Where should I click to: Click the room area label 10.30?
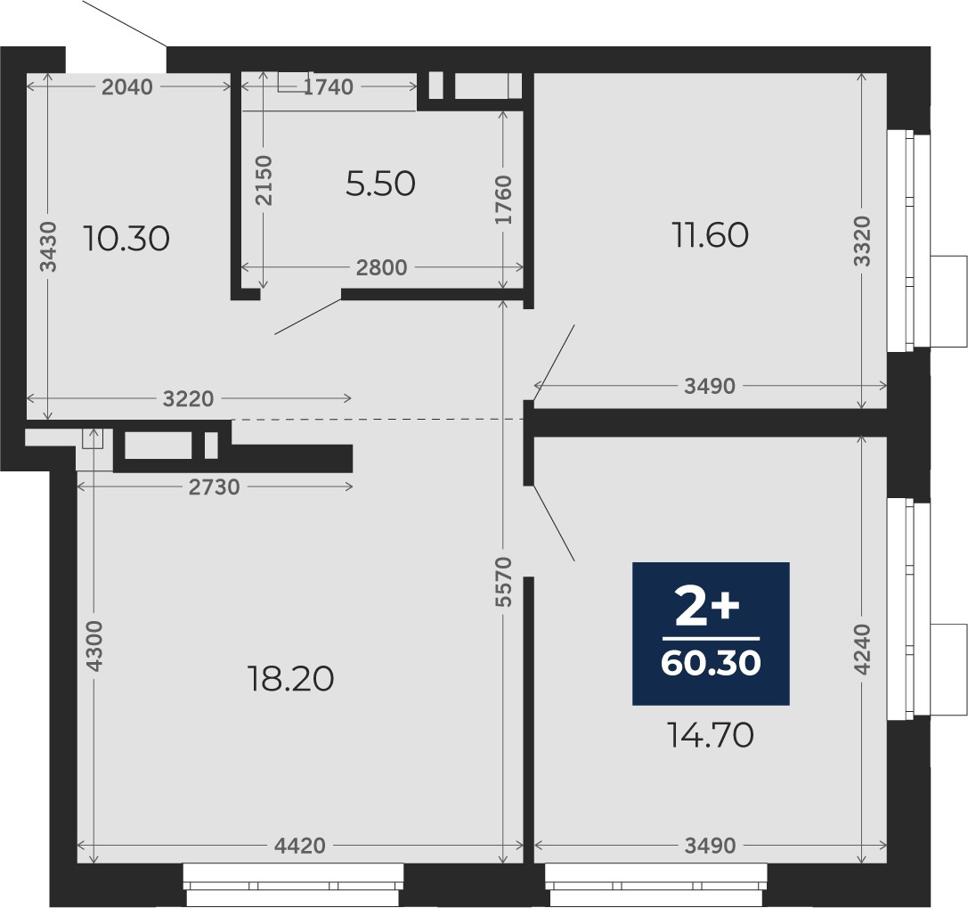pos(126,239)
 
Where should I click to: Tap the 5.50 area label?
pos(380,184)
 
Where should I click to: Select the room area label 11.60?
pos(710,234)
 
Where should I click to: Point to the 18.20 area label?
pos(290,678)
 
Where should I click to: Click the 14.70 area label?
pos(711,735)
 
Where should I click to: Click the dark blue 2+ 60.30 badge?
pos(711,634)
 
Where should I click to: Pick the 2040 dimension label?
pos(127,87)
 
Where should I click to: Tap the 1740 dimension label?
pos(329,87)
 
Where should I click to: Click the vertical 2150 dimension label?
pos(264,180)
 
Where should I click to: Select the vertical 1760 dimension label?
pos(503,200)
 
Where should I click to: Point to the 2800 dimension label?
pos(381,267)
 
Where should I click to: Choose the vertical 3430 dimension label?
pos(48,247)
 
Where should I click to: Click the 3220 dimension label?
pos(188,398)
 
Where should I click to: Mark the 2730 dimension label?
pos(215,487)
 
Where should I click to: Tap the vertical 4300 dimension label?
pos(94,646)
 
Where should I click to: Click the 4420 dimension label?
pos(299,845)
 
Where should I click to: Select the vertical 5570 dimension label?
pos(504,581)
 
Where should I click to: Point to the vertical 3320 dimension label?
pos(862,241)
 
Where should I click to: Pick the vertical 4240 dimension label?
pos(862,650)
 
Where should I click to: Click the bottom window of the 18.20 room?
pos(293,885)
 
